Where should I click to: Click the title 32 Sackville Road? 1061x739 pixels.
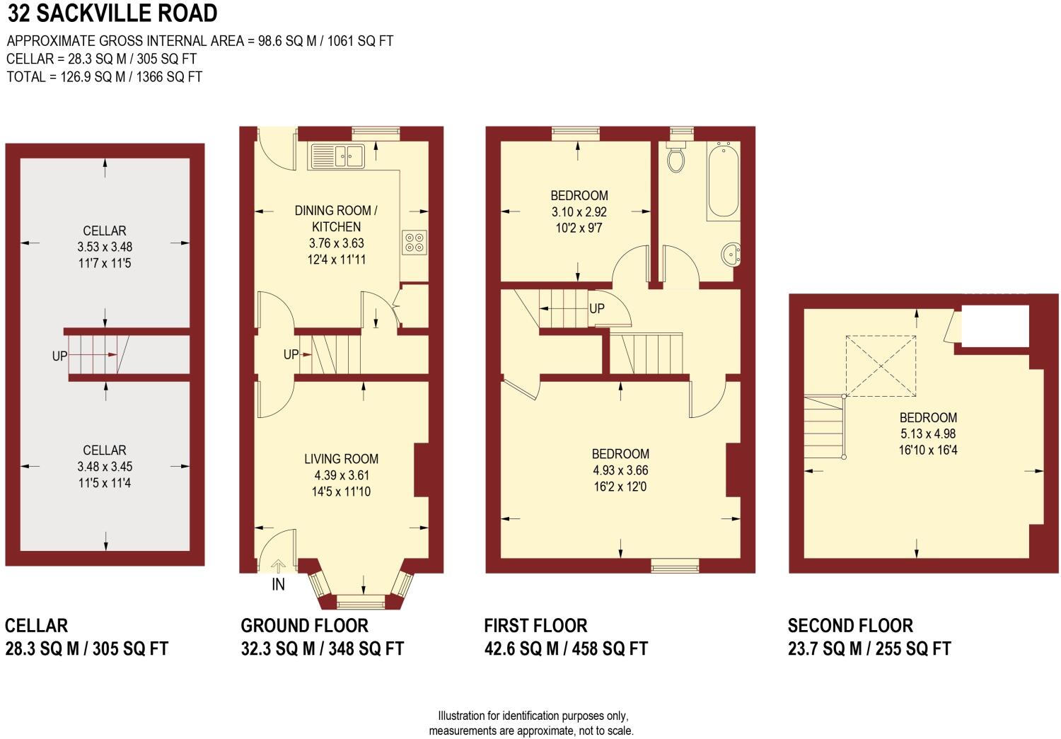click(x=112, y=13)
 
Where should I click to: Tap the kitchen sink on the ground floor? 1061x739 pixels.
click(x=336, y=156)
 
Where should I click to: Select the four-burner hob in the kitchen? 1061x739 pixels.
click(x=414, y=243)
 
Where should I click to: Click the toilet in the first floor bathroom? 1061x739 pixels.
click(x=676, y=158)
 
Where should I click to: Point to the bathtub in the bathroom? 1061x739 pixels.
click(x=724, y=180)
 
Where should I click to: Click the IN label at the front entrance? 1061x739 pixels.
click(x=278, y=585)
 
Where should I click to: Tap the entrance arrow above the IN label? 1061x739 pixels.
click(x=278, y=565)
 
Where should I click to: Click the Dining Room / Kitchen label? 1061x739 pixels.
click(x=336, y=219)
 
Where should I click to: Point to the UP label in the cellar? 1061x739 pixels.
click(x=59, y=356)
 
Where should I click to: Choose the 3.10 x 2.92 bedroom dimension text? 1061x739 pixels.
click(x=579, y=211)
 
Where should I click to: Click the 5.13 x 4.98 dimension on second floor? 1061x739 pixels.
click(x=928, y=434)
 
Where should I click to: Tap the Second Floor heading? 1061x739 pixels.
click(x=850, y=626)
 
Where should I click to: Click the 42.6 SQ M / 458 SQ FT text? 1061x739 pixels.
click(x=565, y=649)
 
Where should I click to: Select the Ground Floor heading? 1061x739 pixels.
click(x=304, y=626)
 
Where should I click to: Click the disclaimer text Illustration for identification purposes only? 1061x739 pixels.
click(x=532, y=716)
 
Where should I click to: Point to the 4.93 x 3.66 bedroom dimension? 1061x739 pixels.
click(x=620, y=470)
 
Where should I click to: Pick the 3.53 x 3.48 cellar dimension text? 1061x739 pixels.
click(x=105, y=247)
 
